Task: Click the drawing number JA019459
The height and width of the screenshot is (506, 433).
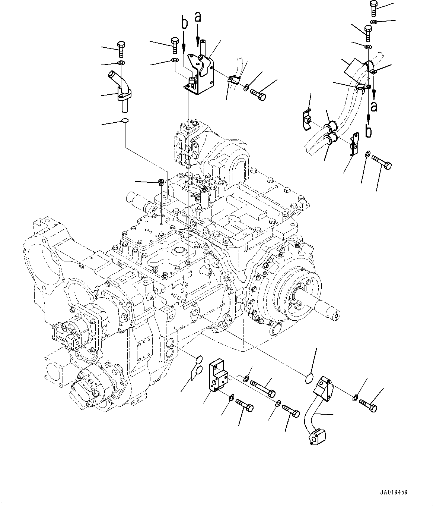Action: coord(394,492)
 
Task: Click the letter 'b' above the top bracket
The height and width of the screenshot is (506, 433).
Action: coord(184,23)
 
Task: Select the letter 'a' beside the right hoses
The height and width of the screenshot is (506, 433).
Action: coord(374,106)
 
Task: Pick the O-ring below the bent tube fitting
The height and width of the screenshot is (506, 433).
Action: coord(125,120)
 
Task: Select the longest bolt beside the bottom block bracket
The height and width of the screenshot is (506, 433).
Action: coord(264,387)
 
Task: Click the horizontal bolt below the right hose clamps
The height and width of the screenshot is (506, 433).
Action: coord(381,163)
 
